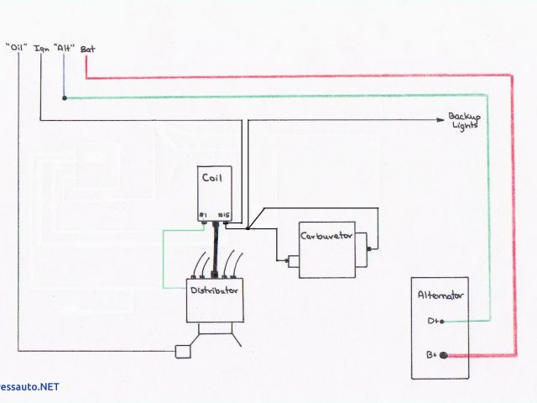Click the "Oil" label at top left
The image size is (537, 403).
pos(18,47)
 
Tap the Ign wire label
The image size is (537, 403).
pos(42,48)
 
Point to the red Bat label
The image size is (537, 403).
pos(87,49)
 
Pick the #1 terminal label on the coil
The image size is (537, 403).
pos(203,216)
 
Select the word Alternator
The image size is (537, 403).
pos(440,296)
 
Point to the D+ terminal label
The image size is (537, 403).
pos(434,322)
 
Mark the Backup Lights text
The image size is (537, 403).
pos(463,121)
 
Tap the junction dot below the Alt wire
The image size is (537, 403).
pos(65,97)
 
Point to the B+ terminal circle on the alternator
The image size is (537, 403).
pos(444,356)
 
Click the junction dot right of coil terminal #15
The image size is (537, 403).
pos(249,228)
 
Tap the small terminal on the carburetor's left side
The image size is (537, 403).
pos(289,261)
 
